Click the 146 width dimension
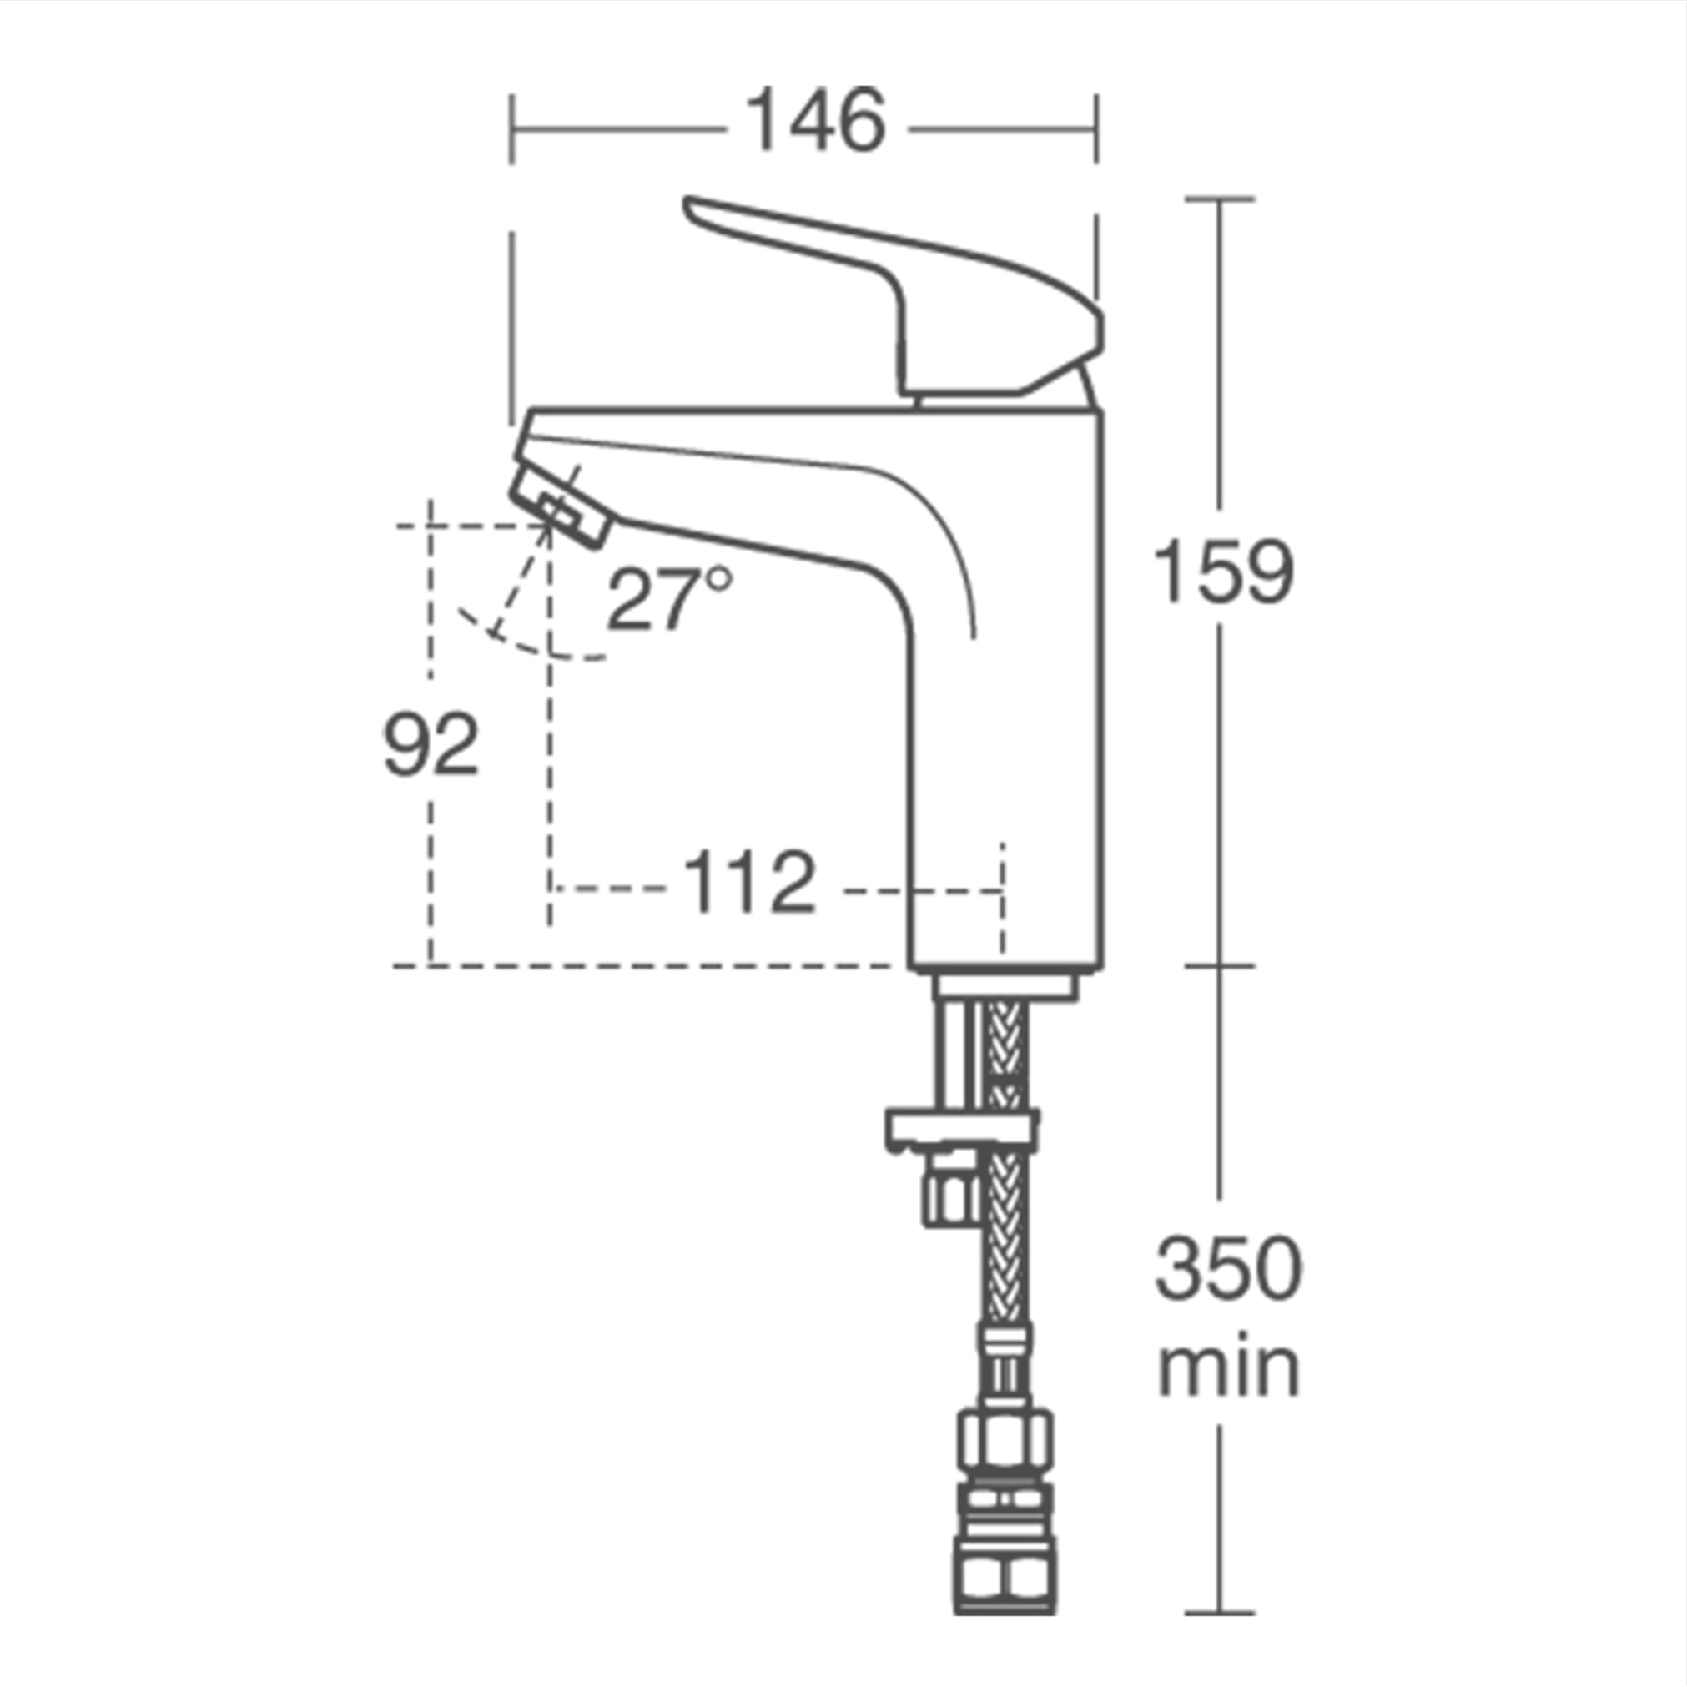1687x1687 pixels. [x=817, y=119]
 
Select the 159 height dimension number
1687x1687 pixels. [x=1222, y=572]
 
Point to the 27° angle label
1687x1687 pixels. [x=668, y=599]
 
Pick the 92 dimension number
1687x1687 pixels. [x=431, y=744]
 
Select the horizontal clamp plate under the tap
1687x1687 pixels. [x=960, y=1129]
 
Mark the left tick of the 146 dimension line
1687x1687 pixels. [x=512, y=129]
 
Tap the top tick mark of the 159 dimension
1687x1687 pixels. [x=1220, y=199]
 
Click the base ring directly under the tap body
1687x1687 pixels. [x=1005, y=986]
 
